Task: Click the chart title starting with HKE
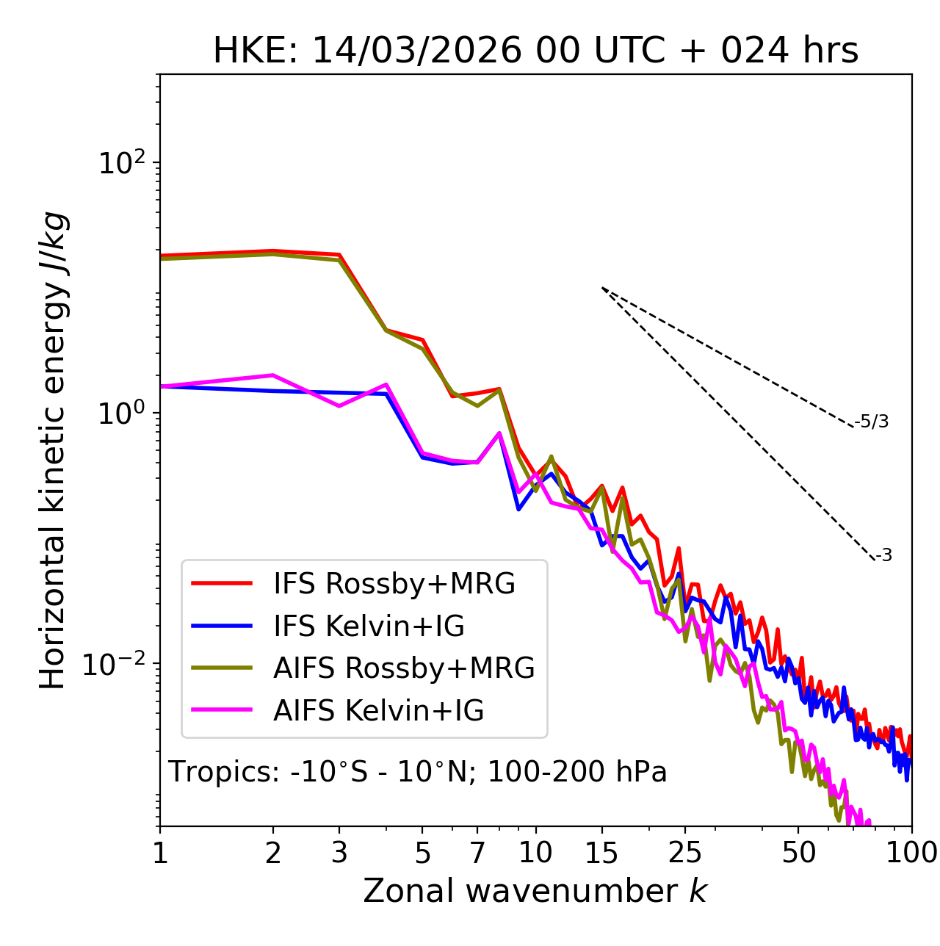(535, 51)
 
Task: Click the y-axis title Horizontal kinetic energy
(53, 451)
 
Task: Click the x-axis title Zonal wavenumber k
(535, 891)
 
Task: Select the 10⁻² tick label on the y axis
(117, 665)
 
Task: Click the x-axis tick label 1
(160, 853)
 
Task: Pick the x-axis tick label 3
(339, 853)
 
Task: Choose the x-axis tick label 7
(477, 853)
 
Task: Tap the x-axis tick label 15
(601, 853)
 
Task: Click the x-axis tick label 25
(684, 853)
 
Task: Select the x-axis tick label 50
(798, 853)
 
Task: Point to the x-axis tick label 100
(911, 853)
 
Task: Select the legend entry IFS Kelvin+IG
(369, 627)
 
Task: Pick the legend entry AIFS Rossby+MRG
(404, 668)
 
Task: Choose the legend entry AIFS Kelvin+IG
(379, 711)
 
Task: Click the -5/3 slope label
(872, 422)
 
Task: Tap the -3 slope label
(884, 555)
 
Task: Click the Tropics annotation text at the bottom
(418, 772)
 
